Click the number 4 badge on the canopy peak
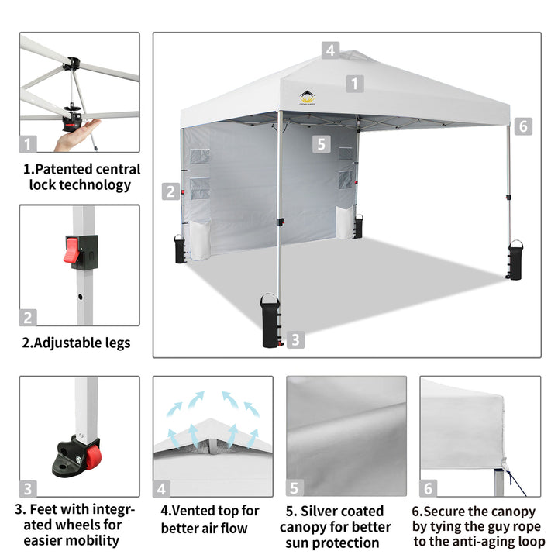click(330, 50)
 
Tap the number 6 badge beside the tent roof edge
click(523, 126)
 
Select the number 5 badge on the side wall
click(322, 144)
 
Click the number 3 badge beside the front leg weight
click(295, 340)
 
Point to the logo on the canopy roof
click(307, 98)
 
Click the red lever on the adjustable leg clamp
click(71, 250)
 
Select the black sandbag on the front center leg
click(270, 321)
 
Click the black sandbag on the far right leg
click(515, 260)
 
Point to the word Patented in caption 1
click(60, 169)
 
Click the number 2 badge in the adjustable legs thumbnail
click(28, 318)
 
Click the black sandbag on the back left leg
click(180, 249)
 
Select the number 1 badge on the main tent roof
click(355, 84)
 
